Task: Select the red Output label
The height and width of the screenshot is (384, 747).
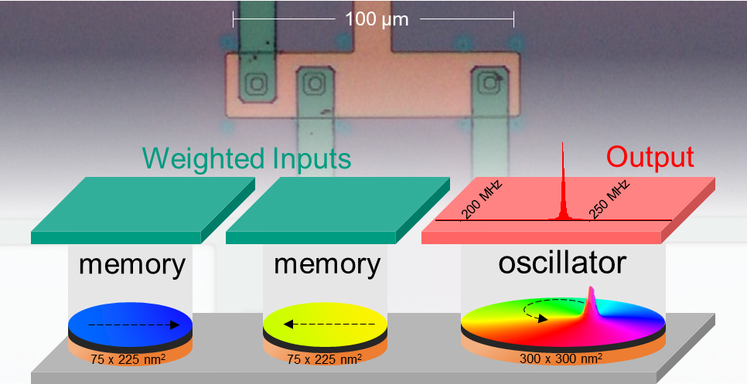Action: (650, 157)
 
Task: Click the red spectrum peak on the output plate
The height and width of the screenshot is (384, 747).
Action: (563, 193)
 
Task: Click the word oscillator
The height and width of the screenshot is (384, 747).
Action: (561, 263)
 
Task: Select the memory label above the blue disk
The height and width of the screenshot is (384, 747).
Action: (132, 265)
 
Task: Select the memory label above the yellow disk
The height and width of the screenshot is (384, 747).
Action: (327, 265)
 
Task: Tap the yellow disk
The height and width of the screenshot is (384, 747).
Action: (325, 321)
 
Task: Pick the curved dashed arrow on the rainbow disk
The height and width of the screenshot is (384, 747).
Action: (541, 311)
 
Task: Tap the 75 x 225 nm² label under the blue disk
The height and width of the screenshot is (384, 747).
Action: (129, 359)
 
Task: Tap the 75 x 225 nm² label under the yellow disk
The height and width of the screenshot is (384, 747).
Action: (325, 359)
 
